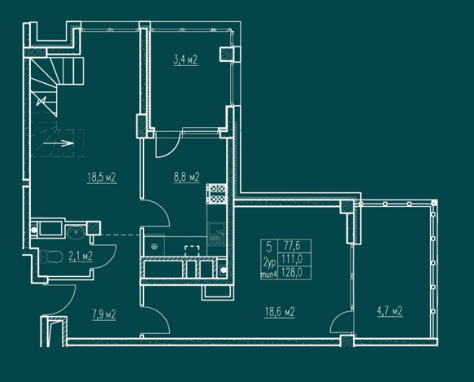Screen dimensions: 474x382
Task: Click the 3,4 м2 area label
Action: click(x=185, y=60)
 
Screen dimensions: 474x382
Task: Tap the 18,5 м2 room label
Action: click(x=102, y=178)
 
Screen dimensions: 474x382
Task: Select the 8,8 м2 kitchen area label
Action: click(x=186, y=177)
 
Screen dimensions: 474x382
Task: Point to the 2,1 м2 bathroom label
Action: click(x=80, y=257)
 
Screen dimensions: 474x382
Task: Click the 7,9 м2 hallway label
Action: click(x=104, y=314)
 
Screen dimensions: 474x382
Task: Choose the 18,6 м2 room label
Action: click(x=280, y=312)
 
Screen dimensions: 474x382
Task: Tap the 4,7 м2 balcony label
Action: click(x=389, y=311)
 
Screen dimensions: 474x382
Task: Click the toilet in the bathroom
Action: click(x=51, y=257)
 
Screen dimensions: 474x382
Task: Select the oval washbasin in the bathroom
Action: click(x=76, y=234)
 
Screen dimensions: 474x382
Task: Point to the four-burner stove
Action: click(x=216, y=194)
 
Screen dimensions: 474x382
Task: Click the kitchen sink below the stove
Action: click(x=216, y=234)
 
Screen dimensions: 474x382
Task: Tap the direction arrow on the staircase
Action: click(x=59, y=143)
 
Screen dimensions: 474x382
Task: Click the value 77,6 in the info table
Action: click(x=292, y=246)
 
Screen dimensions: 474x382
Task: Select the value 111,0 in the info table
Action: click(x=292, y=259)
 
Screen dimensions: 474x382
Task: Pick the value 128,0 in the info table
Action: click(x=292, y=272)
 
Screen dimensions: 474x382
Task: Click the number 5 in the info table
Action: click(x=269, y=247)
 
